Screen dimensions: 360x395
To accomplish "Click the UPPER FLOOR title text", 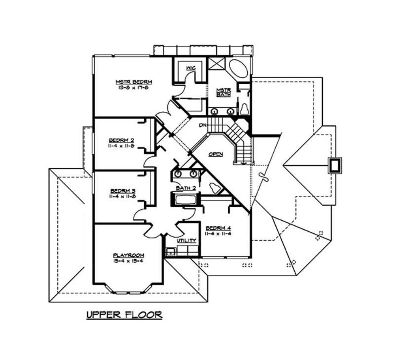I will pyautogui.click(x=124, y=315).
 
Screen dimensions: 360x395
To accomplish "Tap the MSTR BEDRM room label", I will pyautogui.click(x=134, y=82).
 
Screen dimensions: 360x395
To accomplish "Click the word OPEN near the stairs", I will pyautogui.click(x=216, y=154).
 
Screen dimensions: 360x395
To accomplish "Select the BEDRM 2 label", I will pyautogui.click(x=122, y=140).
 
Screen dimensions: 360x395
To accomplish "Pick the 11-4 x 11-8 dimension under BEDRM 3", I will pyautogui.click(x=122, y=196).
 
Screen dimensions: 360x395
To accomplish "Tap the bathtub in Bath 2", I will pyautogui.click(x=183, y=199).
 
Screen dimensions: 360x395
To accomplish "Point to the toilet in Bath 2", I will pyautogui.click(x=214, y=188).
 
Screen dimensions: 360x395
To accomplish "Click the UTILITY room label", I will pyautogui.click(x=186, y=240).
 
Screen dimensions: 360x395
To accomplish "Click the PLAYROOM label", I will pyautogui.click(x=128, y=255).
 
